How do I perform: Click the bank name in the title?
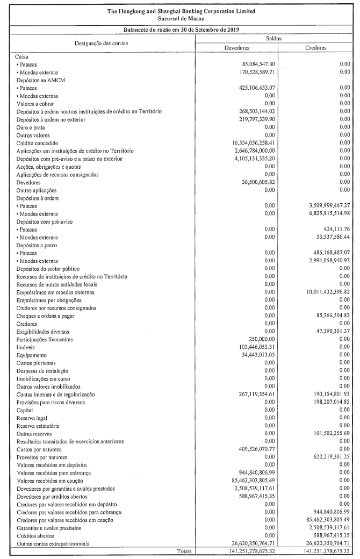[181, 11]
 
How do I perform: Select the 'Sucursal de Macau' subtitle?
[181, 18]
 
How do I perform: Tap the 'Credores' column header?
[315, 48]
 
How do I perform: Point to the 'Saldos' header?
[275, 39]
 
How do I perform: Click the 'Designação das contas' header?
[101, 43]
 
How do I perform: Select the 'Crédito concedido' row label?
[37, 143]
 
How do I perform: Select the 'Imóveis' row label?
[26, 348]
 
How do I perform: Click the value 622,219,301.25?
[325, 456]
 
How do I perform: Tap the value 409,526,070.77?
[260, 449]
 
